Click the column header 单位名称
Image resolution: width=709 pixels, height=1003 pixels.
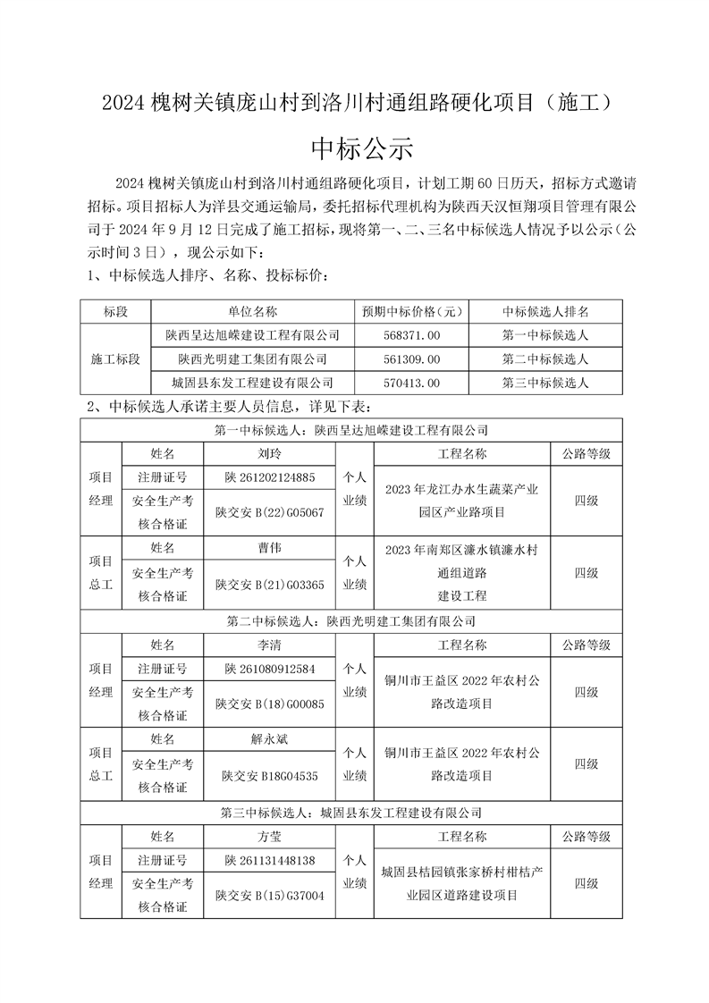[253, 311]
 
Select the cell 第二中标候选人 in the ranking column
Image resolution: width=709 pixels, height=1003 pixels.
[545, 359]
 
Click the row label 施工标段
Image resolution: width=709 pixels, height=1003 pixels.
[116, 359]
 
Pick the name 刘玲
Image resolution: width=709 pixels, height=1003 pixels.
[270, 453]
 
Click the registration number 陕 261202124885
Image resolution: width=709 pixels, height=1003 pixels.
[270, 477]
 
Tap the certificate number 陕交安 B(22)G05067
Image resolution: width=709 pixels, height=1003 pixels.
[270, 512]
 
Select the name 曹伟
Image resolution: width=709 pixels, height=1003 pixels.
[270, 547]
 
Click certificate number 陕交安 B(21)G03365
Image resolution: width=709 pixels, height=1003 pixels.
[270, 585]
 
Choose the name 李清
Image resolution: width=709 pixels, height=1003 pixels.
[270, 644]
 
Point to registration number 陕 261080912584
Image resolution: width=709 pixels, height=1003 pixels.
[270, 668]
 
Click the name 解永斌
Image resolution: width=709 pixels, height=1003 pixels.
[270, 739]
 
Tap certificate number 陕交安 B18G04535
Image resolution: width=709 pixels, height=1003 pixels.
[270, 776]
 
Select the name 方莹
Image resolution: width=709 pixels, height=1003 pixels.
[270, 837]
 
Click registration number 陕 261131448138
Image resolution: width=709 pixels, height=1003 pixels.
[270, 860]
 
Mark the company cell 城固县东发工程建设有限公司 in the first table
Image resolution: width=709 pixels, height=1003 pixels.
[253, 383]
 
